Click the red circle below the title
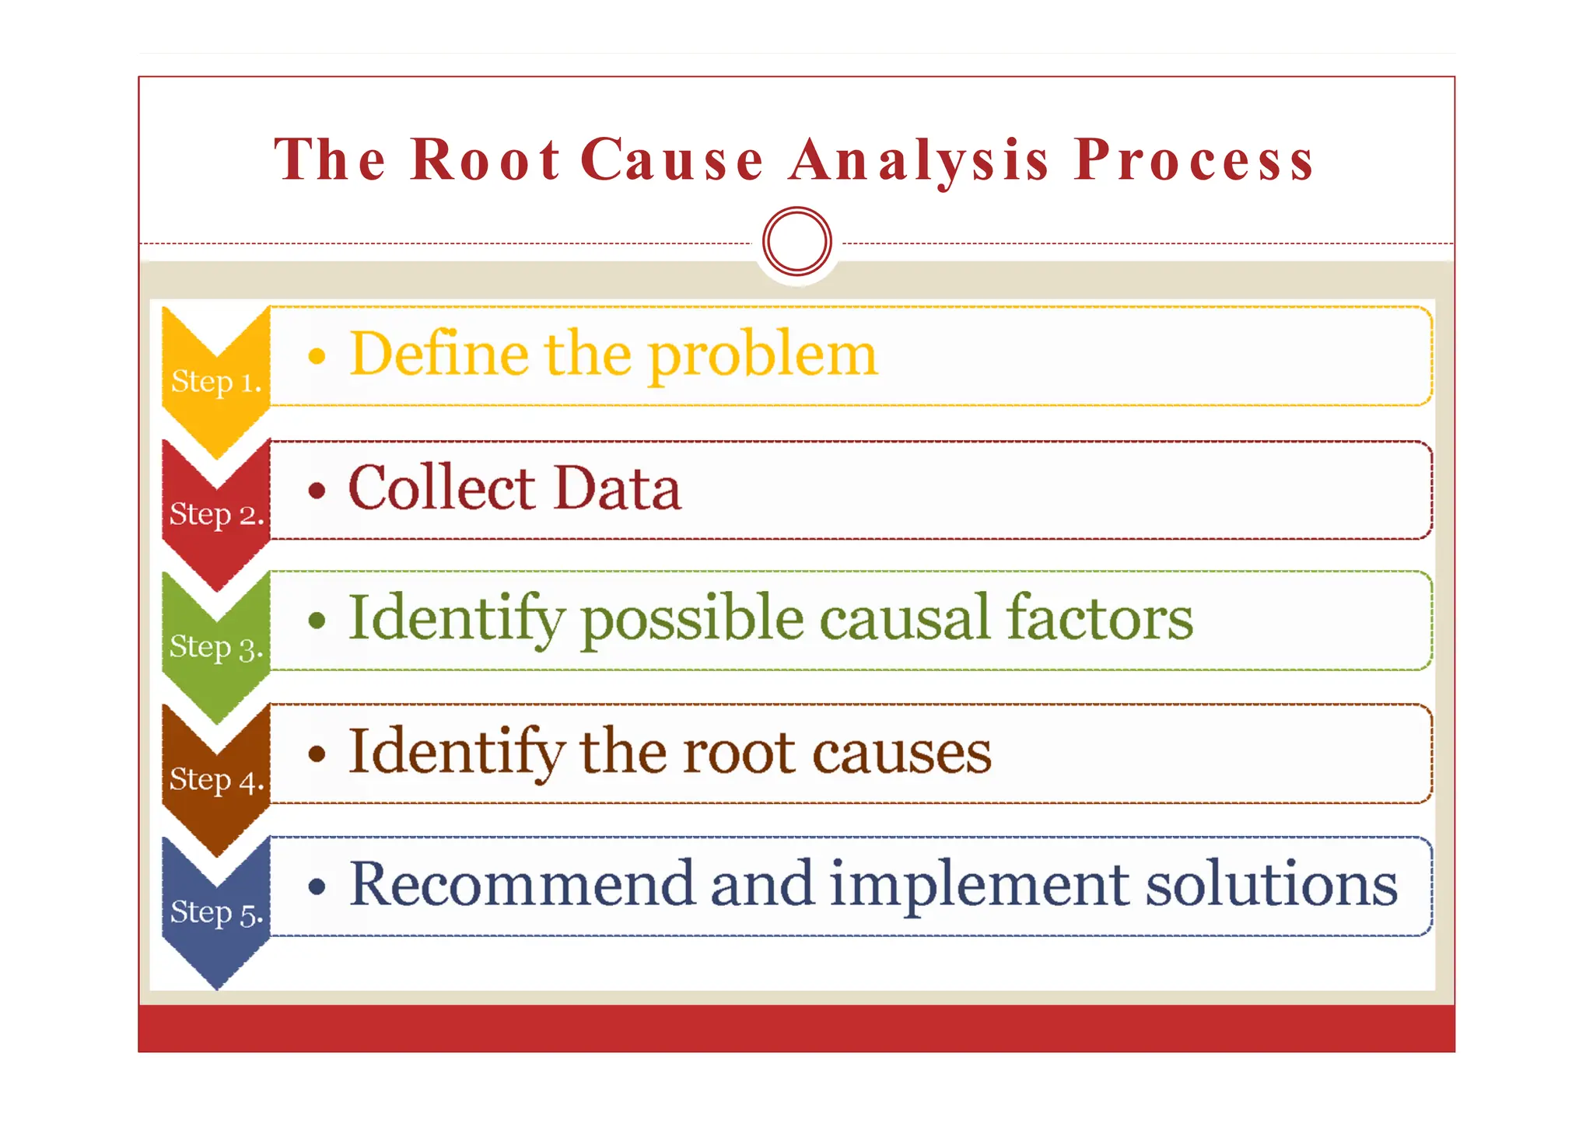(x=797, y=241)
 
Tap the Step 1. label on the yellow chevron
(x=216, y=382)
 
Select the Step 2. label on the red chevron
(x=216, y=514)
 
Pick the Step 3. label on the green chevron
(x=216, y=647)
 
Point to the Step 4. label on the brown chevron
(x=216, y=780)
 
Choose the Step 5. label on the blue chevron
(x=216, y=913)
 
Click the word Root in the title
(x=485, y=160)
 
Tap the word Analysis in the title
(x=919, y=160)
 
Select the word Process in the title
(x=1194, y=160)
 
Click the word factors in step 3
(x=1099, y=618)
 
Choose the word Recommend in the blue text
(x=521, y=884)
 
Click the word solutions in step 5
(x=1272, y=884)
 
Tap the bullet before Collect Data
(x=317, y=491)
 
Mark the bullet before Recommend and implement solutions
(x=317, y=886)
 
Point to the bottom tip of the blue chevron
(x=217, y=986)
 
